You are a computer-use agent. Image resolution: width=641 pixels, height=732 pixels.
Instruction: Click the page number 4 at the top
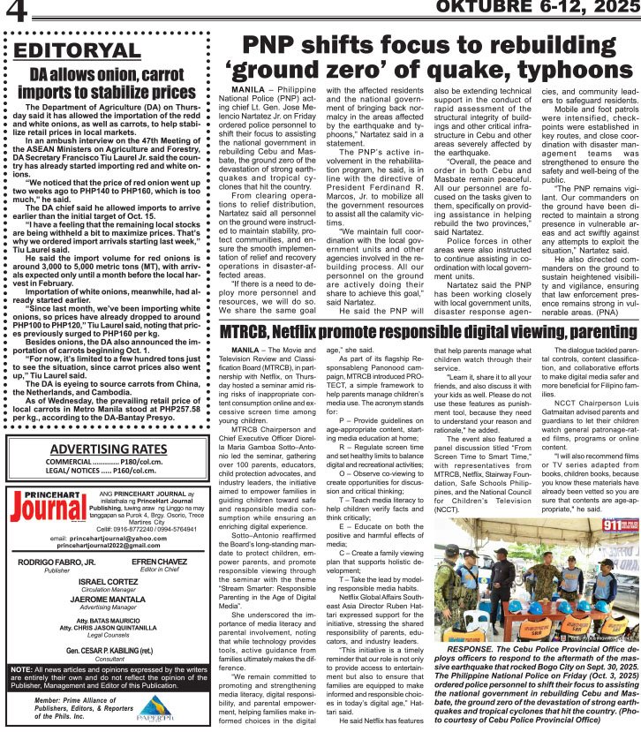tap(15, 12)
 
